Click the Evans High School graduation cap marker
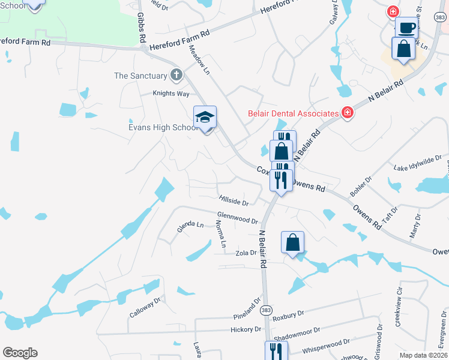[x=205, y=118]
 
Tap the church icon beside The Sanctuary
[x=176, y=76]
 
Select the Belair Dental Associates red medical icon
[x=346, y=113]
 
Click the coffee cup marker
[x=406, y=28]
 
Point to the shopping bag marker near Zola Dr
[x=292, y=243]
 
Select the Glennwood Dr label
[x=237, y=217]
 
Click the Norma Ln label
[x=220, y=234]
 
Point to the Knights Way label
[x=170, y=94]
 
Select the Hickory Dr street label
[x=246, y=329]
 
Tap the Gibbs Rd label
[x=142, y=26]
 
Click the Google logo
[x=20, y=353]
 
